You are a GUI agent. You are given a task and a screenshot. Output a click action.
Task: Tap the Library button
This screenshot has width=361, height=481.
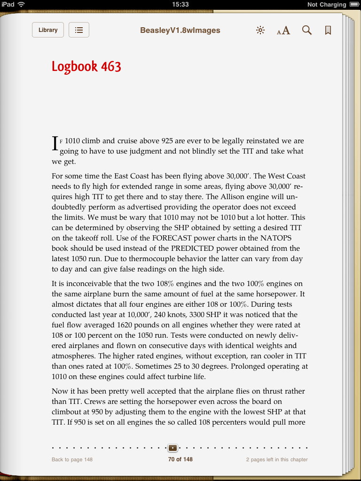48,30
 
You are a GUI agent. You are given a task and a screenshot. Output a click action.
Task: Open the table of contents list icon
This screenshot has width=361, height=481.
79,30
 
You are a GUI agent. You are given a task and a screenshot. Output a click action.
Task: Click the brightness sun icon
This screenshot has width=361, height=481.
260,31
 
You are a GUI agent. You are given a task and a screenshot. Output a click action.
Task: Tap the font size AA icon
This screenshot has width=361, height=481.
283,31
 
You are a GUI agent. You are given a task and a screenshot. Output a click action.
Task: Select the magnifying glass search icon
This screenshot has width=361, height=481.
307,31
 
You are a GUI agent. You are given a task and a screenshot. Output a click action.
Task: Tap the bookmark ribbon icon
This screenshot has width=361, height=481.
328,31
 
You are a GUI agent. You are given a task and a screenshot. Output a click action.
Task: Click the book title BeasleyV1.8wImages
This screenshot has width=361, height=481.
180,31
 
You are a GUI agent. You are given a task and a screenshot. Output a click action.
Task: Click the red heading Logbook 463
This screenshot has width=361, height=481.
86,67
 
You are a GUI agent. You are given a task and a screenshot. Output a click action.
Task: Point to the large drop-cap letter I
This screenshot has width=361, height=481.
55,144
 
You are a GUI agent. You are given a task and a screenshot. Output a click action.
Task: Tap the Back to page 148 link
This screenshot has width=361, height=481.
72,459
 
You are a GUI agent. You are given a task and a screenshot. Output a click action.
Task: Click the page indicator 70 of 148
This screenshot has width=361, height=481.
180,459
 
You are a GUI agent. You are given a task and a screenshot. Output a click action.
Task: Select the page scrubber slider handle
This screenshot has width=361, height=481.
173,448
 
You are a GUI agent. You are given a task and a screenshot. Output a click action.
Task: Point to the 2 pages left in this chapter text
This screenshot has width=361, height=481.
277,459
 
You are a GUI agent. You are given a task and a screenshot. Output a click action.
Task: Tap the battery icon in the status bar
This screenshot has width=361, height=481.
354,4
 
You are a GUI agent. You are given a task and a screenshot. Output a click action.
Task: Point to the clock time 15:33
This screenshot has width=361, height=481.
180,4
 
